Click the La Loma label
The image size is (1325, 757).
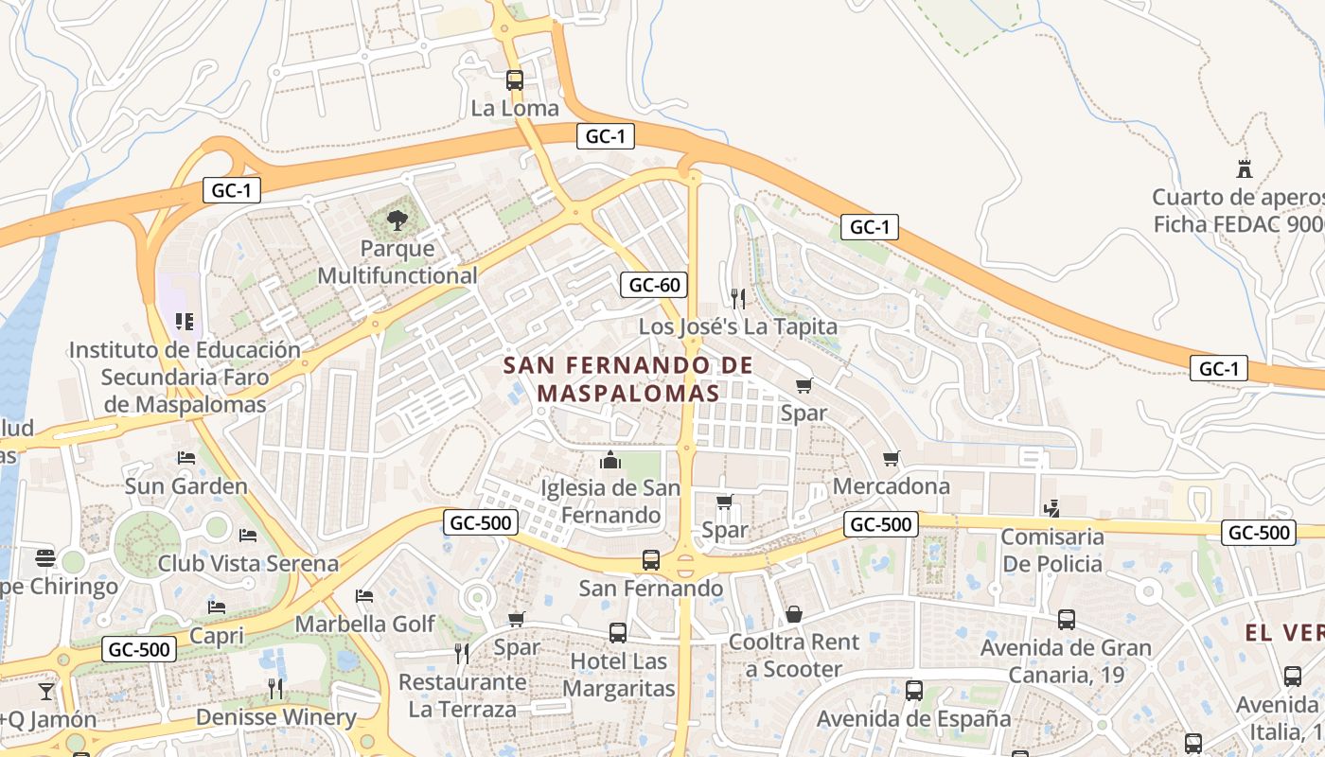(x=515, y=108)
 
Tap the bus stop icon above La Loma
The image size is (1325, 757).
(x=515, y=80)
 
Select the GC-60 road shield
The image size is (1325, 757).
(x=653, y=284)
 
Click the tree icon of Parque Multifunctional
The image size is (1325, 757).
(x=397, y=221)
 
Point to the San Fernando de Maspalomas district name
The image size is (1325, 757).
(x=627, y=378)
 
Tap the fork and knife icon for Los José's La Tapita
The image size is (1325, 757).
(x=738, y=299)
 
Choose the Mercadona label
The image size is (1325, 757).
(x=891, y=486)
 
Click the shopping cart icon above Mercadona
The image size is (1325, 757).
(x=891, y=459)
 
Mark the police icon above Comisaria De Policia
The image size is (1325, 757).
(x=1051, y=509)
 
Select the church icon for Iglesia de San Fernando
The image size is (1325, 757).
(x=610, y=461)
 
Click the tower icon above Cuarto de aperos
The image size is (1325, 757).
(x=1245, y=169)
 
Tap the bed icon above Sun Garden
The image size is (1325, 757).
(x=186, y=458)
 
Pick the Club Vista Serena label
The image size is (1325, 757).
(x=248, y=564)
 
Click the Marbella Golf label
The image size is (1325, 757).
(x=365, y=624)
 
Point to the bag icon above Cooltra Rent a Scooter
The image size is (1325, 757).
(x=794, y=614)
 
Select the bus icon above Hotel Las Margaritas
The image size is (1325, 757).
(x=618, y=633)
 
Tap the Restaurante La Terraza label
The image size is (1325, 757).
(x=463, y=695)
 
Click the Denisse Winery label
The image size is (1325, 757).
(x=275, y=717)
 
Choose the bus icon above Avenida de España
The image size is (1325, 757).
(x=914, y=691)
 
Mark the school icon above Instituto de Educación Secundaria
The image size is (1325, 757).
(x=185, y=322)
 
